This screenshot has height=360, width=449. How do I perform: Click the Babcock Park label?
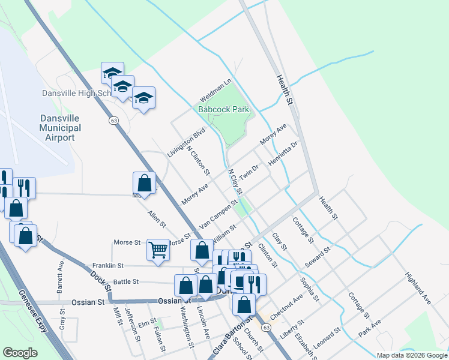(224, 110)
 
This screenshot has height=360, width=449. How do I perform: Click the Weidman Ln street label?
(215, 89)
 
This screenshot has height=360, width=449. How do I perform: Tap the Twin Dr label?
(248, 172)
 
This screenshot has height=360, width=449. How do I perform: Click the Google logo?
(20, 353)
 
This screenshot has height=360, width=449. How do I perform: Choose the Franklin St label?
(107, 265)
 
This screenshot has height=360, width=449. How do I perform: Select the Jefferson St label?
(133, 325)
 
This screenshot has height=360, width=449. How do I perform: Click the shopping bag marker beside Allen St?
(144, 182)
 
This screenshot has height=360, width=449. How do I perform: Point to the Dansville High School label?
(77, 93)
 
